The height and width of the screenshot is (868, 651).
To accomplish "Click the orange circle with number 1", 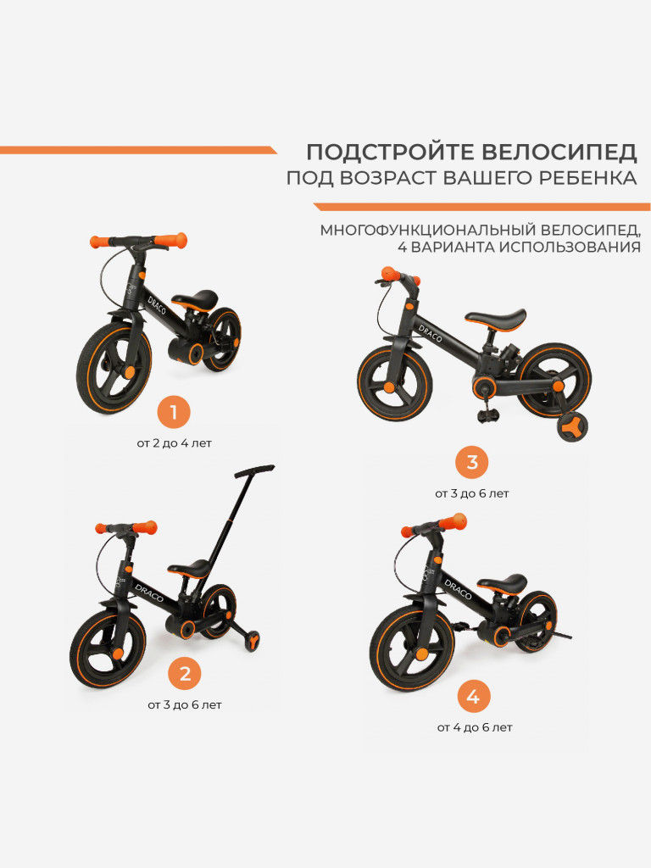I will click(x=174, y=414).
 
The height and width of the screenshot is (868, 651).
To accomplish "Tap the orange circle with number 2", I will click(x=185, y=675).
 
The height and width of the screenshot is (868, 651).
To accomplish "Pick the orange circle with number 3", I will click(x=472, y=463).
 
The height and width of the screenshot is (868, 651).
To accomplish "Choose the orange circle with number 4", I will click(x=474, y=698).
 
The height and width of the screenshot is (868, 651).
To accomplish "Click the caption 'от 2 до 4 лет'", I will click(x=174, y=443).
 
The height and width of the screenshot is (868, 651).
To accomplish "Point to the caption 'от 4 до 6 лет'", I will click(x=475, y=727).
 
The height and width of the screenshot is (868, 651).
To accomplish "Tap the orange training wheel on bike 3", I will click(x=574, y=426).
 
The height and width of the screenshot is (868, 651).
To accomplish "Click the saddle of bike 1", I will click(x=193, y=299).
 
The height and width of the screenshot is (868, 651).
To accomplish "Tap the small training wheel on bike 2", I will click(x=251, y=643).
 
